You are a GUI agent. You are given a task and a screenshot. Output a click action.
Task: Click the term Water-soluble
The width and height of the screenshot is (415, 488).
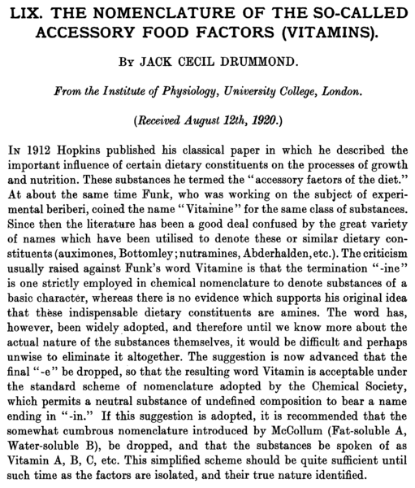[49, 440]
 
